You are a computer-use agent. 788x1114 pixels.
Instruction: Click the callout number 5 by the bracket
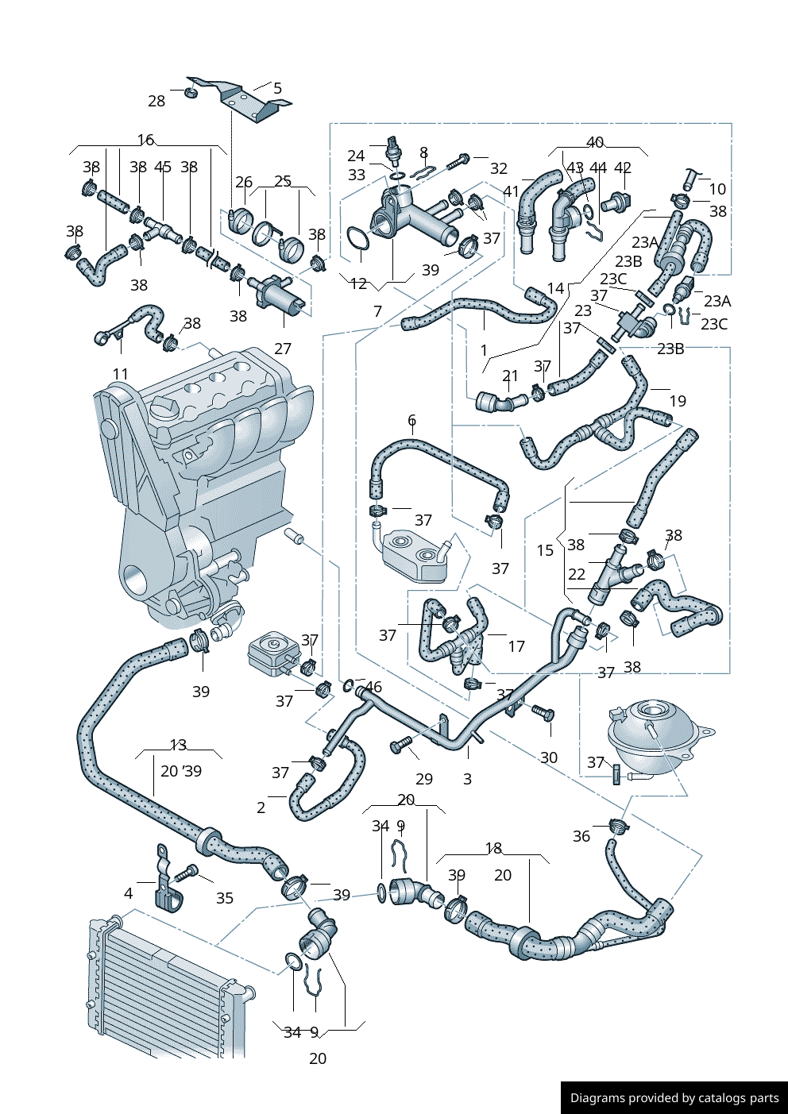[277, 88]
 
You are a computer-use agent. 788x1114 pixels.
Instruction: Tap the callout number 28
[156, 101]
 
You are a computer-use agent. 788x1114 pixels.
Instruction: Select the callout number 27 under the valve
[283, 349]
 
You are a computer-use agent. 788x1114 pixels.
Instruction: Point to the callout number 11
[120, 374]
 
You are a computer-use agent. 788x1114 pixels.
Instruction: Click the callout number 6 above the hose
[411, 420]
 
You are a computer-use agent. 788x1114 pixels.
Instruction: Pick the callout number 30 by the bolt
[549, 757]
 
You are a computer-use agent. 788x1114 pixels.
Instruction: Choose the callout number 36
[581, 836]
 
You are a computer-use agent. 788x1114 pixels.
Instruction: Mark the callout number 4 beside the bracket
[129, 893]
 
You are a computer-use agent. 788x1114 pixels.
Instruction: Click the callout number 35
[225, 898]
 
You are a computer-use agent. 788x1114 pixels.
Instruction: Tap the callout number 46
[373, 688]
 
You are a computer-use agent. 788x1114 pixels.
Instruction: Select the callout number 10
[717, 189]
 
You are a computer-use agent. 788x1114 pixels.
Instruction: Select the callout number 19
[678, 401]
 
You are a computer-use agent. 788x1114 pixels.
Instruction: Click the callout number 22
[577, 574]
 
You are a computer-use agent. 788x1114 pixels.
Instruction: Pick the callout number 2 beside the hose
[261, 808]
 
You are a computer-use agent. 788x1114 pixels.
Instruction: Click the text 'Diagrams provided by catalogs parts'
[674, 1098]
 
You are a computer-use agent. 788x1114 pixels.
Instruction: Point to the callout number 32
[499, 168]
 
